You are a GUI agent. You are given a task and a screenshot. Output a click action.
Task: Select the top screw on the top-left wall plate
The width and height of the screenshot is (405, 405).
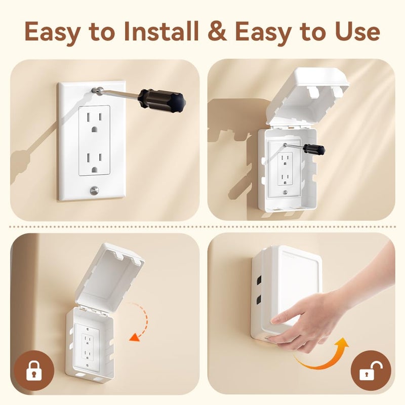click(x=94, y=90)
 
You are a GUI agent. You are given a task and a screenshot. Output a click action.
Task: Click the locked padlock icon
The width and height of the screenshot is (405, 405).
click(x=33, y=374)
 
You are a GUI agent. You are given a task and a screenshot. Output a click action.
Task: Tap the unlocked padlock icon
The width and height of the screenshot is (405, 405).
click(x=371, y=374)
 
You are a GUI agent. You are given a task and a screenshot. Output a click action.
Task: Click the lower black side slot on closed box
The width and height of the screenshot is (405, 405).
click(x=259, y=300)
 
